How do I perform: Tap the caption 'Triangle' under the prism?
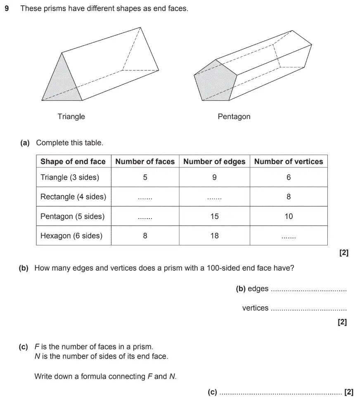[x=71, y=117]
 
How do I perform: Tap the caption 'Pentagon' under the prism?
[x=234, y=117]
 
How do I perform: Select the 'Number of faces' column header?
[x=145, y=162]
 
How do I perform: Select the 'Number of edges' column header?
[x=214, y=162]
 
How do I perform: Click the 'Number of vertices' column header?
[x=289, y=162]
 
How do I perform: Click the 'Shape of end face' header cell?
[x=73, y=162]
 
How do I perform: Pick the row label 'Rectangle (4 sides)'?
[x=73, y=197]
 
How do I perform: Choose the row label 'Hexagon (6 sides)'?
[x=71, y=236]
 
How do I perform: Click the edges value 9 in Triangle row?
[x=214, y=177]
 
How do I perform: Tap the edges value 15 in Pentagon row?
[x=214, y=216]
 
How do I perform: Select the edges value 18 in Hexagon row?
[x=214, y=236]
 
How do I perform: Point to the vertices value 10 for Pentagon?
[x=289, y=216]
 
